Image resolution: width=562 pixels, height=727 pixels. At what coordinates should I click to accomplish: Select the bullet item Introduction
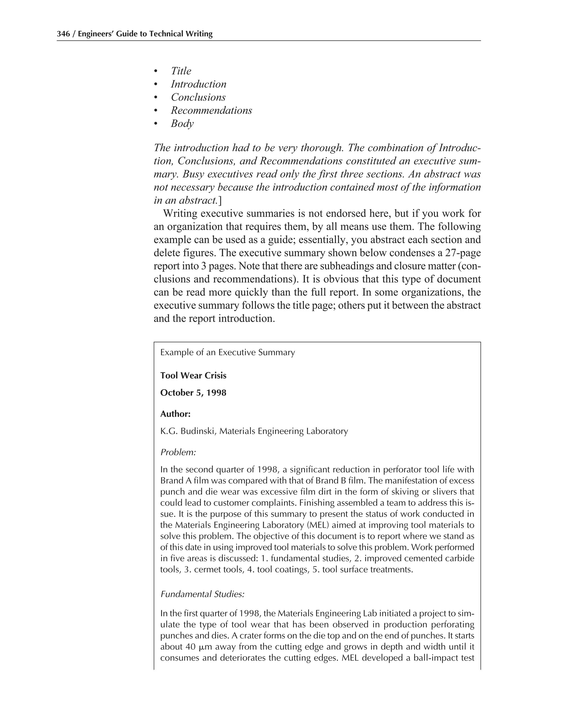pos(198,84)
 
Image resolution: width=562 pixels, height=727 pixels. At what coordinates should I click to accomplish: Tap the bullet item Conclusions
pos(198,97)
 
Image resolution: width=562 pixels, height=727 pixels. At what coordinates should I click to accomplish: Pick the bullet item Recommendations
pos(211,111)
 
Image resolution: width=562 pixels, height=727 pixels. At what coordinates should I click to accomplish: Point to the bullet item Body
pos(182,123)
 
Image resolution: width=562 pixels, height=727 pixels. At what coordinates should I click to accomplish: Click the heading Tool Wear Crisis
pos(193,376)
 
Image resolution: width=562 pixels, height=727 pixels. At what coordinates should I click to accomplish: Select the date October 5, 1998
pos(193,393)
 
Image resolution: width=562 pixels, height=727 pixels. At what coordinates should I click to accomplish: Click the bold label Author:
pos(175,414)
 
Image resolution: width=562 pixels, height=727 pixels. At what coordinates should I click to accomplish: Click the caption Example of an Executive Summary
pos(227,353)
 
